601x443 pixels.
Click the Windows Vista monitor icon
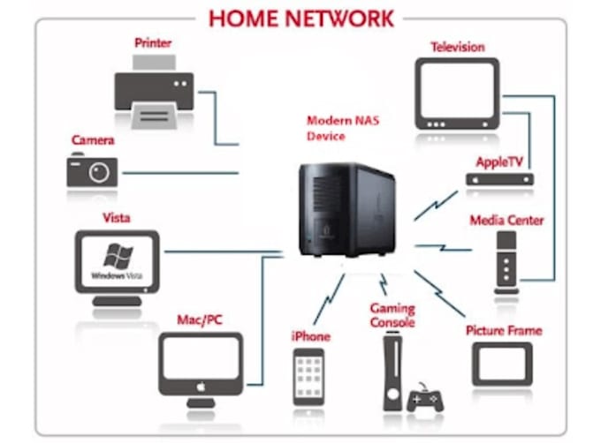(x=118, y=264)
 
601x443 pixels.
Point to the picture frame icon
(x=502, y=364)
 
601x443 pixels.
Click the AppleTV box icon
(x=500, y=179)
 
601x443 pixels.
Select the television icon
(x=457, y=94)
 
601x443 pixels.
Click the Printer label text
(x=153, y=42)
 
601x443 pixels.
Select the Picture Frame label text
(x=503, y=330)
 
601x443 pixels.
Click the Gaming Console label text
(x=392, y=314)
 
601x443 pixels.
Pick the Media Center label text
(x=506, y=220)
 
